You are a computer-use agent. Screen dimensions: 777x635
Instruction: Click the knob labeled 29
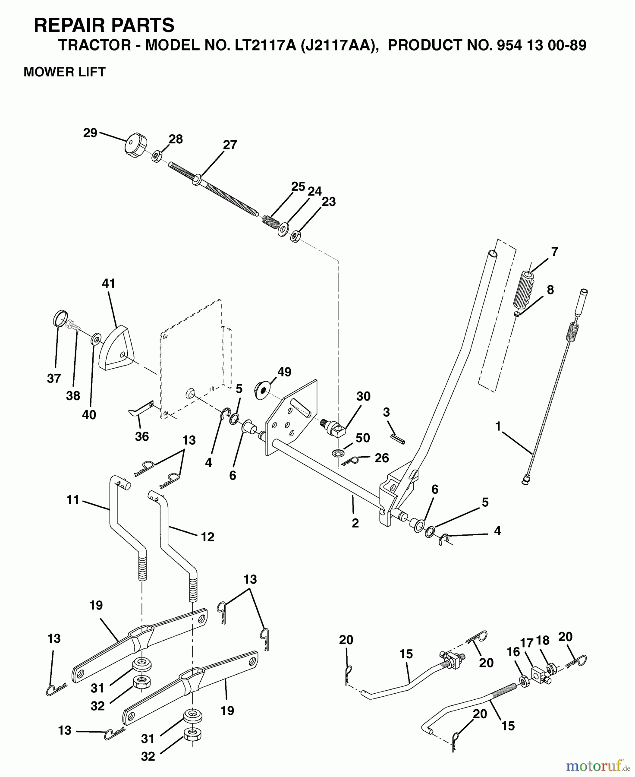click(x=135, y=146)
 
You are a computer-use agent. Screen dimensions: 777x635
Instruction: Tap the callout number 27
click(x=230, y=145)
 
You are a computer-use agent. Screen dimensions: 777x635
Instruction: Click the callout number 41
click(x=109, y=284)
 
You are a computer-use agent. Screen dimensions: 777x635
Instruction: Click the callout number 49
click(x=284, y=372)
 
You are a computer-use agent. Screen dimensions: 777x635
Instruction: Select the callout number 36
click(x=141, y=436)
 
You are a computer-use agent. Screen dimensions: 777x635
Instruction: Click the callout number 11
click(x=73, y=500)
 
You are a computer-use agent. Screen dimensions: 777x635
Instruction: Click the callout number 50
click(x=362, y=438)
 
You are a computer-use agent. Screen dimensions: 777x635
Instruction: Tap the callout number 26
click(x=382, y=458)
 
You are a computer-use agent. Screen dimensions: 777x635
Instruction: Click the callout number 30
click(x=363, y=396)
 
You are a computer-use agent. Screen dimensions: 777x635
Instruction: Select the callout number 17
click(x=527, y=643)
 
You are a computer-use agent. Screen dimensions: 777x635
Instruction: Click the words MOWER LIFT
click(x=65, y=72)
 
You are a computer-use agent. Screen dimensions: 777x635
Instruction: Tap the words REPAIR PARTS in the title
click(x=104, y=25)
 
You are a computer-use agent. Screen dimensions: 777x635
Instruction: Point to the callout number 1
click(x=498, y=426)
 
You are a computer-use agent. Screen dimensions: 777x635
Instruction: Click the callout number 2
click(x=355, y=523)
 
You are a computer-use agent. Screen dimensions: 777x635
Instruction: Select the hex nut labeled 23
click(x=295, y=236)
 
